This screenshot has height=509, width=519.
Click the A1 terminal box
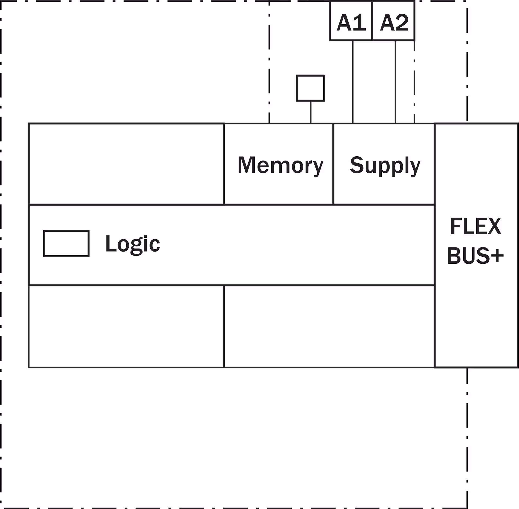[351, 21]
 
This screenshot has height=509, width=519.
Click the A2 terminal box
[393, 21]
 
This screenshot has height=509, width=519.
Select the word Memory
[280, 165]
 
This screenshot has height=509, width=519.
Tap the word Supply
[385, 165]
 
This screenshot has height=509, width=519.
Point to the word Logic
[132, 244]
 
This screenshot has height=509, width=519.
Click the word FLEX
[475, 226]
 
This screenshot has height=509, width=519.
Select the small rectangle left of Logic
[66, 243]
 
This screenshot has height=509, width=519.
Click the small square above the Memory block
[311, 88]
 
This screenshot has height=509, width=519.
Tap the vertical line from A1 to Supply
[353, 81]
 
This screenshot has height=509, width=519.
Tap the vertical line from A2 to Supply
[395, 81]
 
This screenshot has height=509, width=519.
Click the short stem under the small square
[311, 112]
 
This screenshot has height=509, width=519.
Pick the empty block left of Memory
[126, 164]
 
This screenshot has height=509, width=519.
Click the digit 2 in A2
[401, 22]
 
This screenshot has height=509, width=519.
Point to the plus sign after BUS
[497, 256]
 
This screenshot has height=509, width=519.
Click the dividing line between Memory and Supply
[333, 164]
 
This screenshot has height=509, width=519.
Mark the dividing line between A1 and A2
[372, 21]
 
